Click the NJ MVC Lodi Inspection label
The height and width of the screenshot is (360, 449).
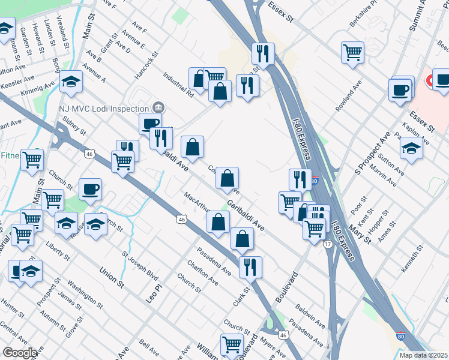point(103,109)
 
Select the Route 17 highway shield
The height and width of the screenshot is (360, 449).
point(328,244)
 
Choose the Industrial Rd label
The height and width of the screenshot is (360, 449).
point(178,85)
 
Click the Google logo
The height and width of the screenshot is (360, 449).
point(19,353)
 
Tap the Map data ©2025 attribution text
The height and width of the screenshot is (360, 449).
point(423,355)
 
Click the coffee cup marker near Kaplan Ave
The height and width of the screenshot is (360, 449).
point(401,91)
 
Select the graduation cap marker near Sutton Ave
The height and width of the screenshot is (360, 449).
point(411,148)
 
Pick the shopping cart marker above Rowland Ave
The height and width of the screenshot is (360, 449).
point(352,52)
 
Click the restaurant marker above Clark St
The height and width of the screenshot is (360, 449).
point(250,266)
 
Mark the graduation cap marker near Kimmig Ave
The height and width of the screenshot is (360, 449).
point(71,82)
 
